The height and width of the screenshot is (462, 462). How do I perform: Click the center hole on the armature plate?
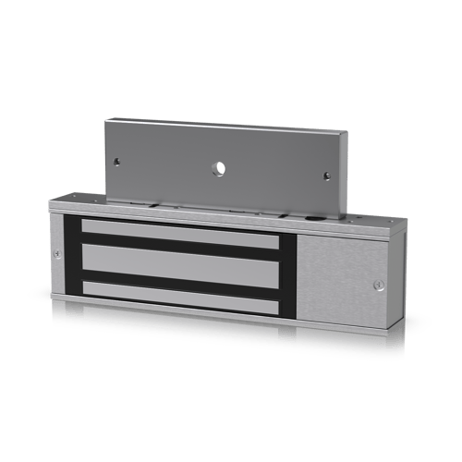pyautogui.click(x=219, y=167)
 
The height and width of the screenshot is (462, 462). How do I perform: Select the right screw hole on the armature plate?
pyautogui.click(x=327, y=175)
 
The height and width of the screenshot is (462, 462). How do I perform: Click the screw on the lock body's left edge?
pyautogui.click(x=56, y=254)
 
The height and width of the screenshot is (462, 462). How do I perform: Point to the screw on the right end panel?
pyautogui.click(x=378, y=285)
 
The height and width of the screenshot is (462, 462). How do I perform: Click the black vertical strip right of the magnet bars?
pyautogui.click(x=286, y=274)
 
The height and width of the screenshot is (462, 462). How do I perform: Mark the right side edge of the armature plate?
pyautogui.click(x=346, y=176)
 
